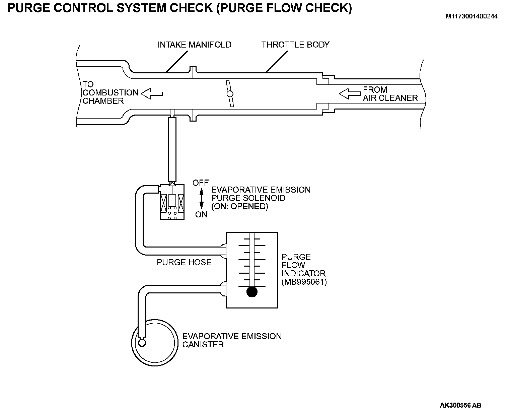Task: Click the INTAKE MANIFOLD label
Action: click(194, 45)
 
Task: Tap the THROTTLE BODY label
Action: click(295, 45)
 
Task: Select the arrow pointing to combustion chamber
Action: click(151, 94)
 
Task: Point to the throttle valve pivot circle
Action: click(230, 94)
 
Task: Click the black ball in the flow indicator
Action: click(252, 292)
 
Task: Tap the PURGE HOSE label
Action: click(184, 262)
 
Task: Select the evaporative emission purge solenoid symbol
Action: click(172, 202)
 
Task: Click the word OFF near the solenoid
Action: click(201, 183)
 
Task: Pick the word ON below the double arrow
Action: click(201, 214)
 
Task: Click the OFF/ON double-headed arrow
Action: click(201, 199)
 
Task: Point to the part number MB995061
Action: click(304, 282)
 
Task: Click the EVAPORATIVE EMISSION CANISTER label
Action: click(232, 340)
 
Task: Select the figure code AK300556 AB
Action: click(460, 405)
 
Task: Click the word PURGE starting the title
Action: click(28, 8)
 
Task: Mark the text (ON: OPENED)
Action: click(240, 206)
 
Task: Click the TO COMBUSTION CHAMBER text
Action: click(110, 93)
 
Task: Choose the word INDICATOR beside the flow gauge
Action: click(303, 274)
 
